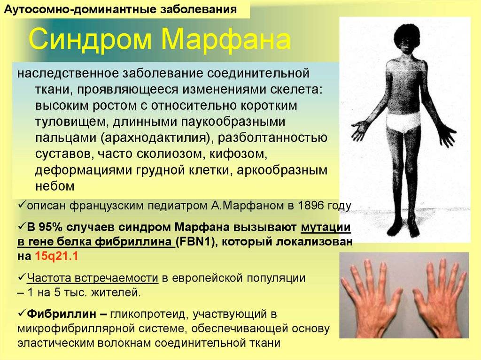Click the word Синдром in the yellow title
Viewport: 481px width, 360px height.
pyautogui.click(x=90, y=39)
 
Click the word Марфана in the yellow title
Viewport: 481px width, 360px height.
pyautogui.click(x=226, y=38)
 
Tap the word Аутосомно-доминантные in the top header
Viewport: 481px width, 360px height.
pyautogui.click(x=80, y=9)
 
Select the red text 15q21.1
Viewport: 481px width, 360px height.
pyautogui.click(x=57, y=256)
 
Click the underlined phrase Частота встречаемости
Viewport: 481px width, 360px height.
pyautogui.click(x=93, y=278)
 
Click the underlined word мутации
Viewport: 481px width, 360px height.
pyautogui.click(x=326, y=228)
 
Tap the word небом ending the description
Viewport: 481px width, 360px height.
pyautogui.click(x=55, y=186)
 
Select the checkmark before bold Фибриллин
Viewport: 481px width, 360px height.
pyautogui.click(x=22, y=313)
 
